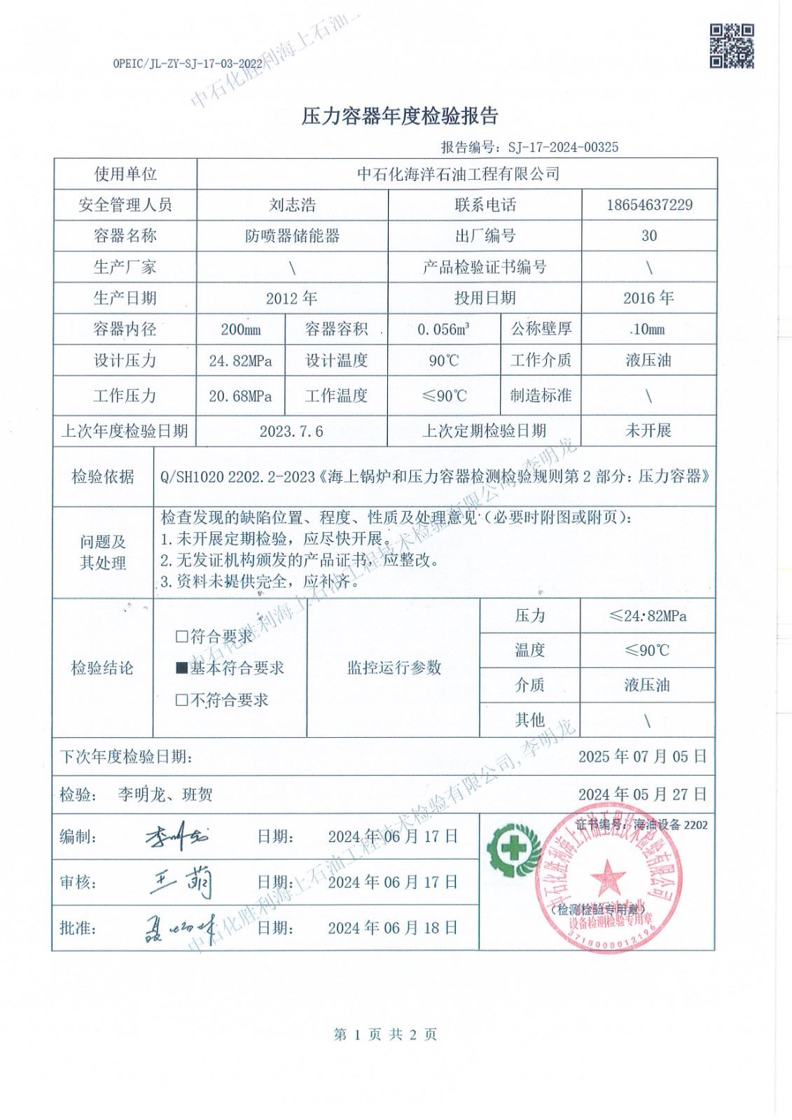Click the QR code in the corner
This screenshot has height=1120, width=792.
[732, 45]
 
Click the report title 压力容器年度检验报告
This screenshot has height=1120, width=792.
[399, 116]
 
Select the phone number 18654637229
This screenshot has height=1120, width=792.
[649, 204]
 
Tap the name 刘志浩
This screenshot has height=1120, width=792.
[292, 204]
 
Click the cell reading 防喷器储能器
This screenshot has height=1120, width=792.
[292, 236]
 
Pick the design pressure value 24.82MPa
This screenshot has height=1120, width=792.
[240, 361]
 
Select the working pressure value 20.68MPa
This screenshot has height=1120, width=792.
[240, 396]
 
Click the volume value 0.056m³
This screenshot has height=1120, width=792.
[443, 329]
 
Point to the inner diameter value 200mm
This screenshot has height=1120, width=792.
[240, 329]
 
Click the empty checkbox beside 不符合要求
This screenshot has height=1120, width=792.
[182, 700]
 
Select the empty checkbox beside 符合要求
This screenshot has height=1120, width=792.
[182, 637]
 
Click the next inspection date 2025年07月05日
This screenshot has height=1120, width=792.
[642, 757]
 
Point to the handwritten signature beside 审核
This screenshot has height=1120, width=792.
[182, 882]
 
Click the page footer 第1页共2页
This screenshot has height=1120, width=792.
[386, 1035]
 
